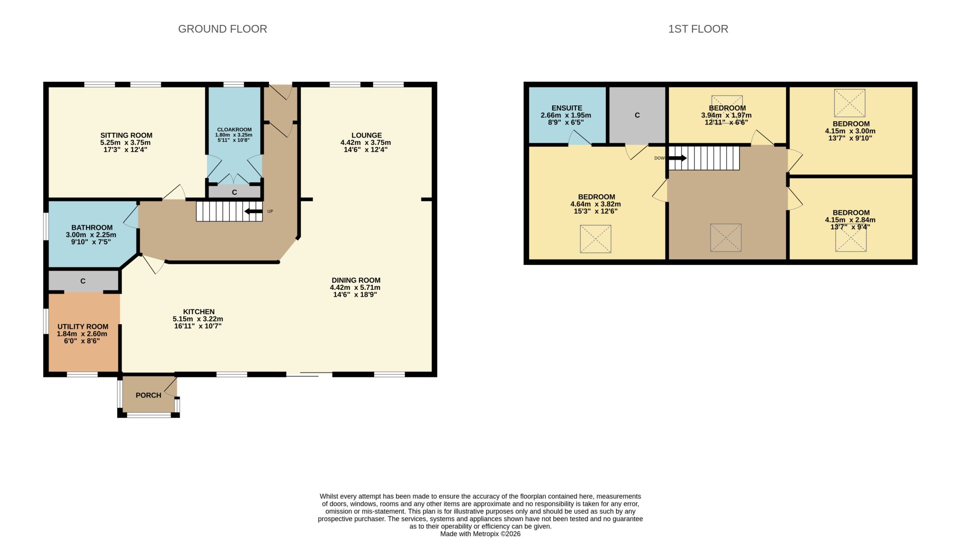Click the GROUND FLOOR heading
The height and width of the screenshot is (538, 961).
[x=222, y=29]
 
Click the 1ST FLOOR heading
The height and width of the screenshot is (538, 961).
[x=698, y=29]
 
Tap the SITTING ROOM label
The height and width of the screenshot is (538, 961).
[x=126, y=136]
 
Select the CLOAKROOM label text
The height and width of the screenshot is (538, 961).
[x=234, y=129]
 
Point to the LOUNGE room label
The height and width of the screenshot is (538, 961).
[x=367, y=136]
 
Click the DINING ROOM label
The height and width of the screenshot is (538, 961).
[x=356, y=280]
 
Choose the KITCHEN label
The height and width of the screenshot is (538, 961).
[x=199, y=312]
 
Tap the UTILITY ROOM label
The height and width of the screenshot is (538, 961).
[x=83, y=326]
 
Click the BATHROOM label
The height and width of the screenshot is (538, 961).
[x=92, y=227]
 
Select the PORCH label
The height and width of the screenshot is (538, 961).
[x=148, y=395]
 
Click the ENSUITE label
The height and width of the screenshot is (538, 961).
[x=567, y=108]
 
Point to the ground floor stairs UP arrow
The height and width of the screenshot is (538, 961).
[x=253, y=211]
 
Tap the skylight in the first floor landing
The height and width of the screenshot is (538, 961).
[x=726, y=238]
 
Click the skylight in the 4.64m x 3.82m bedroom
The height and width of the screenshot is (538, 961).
[x=595, y=239]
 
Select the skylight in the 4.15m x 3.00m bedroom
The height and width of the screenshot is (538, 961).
[x=850, y=103]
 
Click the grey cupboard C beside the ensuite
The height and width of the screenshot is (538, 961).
[x=637, y=115]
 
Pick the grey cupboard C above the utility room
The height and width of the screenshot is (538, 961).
[x=83, y=281]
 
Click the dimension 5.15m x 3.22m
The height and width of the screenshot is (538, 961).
[x=198, y=319]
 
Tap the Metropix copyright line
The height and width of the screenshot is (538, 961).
[x=480, y=534]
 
